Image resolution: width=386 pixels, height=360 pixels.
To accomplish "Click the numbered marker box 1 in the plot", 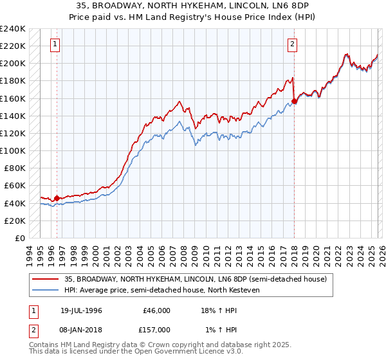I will [x=57, y=44].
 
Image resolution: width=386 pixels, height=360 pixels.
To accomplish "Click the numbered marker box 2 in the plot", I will [x=293, y=44].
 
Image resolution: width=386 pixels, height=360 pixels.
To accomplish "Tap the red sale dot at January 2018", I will [x=294, y=101].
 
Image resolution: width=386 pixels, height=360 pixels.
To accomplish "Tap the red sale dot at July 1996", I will [x=57, y=198].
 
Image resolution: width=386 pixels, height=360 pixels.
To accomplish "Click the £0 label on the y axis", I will [x=19, y=238].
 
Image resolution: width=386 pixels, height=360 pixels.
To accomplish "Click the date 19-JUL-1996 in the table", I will [x=81, y=310].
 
